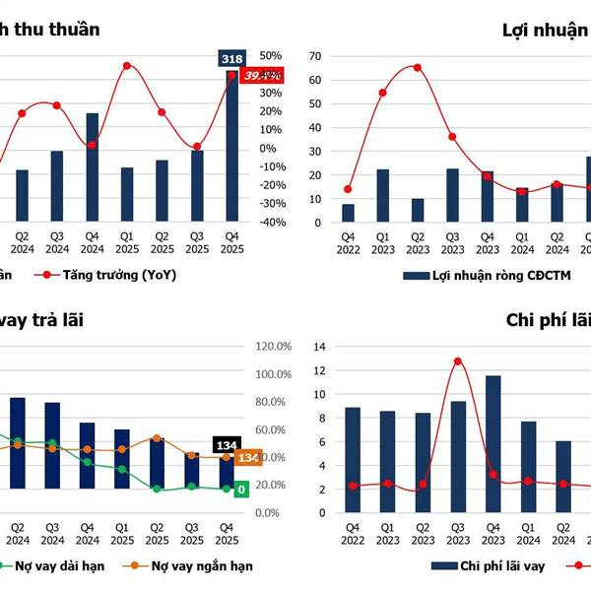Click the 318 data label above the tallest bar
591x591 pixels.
(232, 59)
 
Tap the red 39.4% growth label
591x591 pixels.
(263, 75)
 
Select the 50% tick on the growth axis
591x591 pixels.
(270, 56)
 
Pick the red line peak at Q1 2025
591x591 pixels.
(127, 66)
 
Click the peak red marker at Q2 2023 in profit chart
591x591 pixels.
(418, 68)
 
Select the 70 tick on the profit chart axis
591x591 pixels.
(316, 56)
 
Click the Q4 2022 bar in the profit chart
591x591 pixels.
(348, 213)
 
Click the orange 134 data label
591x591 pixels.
(248, 458)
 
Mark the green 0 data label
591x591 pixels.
(241, 490)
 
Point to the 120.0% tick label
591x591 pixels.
(274, 347)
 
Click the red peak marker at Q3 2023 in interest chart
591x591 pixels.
(458, 361)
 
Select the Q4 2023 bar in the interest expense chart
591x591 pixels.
(493, 443)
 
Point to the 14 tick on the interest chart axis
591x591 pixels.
(316, 347)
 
